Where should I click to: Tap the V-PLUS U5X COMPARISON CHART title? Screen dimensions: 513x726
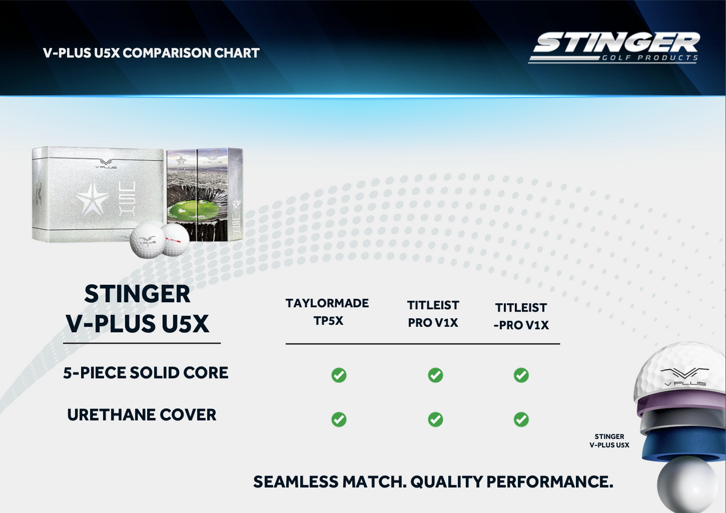[x=151, y=53]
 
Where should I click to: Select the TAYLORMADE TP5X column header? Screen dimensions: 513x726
[x=327, y=312]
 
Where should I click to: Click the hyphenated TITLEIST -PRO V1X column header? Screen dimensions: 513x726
[x=521, y=316]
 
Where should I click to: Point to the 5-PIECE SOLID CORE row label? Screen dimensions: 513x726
[x=146, y=373]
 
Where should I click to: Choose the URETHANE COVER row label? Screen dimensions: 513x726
[x=142, y=415]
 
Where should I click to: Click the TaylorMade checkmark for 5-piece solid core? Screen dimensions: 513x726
[x=339, y=375]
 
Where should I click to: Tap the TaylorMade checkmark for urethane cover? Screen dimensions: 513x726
[x=339, y=419]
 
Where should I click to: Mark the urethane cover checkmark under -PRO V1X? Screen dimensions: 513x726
[x=521, y=419]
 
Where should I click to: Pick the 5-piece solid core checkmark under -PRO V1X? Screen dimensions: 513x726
[x=521, y=375]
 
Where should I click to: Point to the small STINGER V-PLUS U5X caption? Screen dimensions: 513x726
[x=609, y=440]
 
